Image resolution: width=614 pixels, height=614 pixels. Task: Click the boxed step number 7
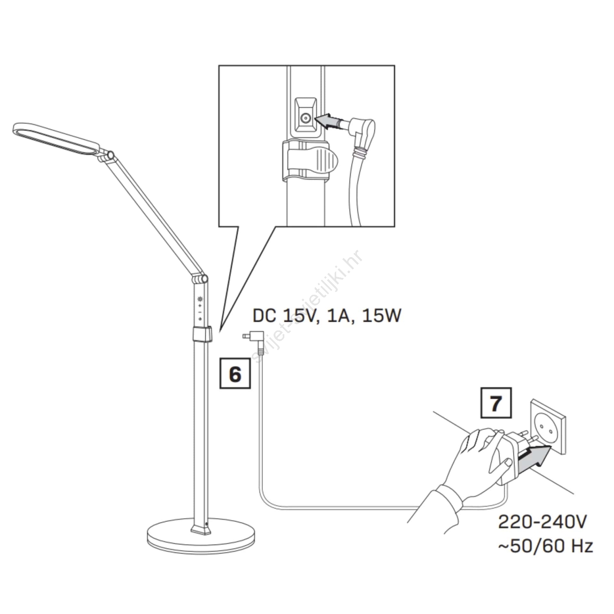coord(496,403)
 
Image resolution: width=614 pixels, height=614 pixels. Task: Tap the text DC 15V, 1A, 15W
coord(327,316)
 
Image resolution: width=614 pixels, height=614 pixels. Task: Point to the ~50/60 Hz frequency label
coord(545,545)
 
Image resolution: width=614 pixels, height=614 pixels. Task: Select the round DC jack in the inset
coord(305,119)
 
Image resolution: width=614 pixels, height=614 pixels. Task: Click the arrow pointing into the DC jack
coord(327,122)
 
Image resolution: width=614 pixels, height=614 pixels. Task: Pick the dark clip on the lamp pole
coord(202,334)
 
